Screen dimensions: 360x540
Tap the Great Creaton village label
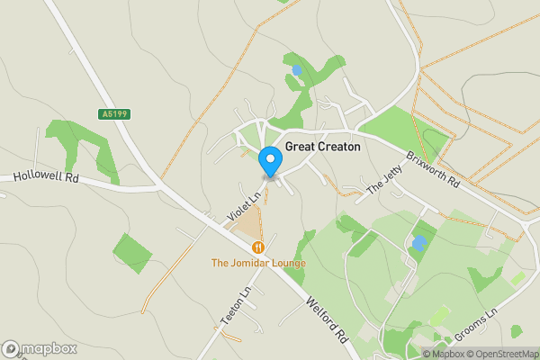[x=322, y=147]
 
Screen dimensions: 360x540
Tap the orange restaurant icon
[x=258, y=247]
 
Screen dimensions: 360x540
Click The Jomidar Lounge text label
[x=258, y=263]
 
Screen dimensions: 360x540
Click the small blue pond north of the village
[x=296, y=69]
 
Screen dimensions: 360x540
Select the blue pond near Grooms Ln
[x=418, y=242]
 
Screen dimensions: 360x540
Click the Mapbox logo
[x=38, y=349]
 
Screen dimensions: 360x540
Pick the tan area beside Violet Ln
[x=245, y=221]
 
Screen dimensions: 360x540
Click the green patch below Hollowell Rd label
[x=133, y=253]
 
